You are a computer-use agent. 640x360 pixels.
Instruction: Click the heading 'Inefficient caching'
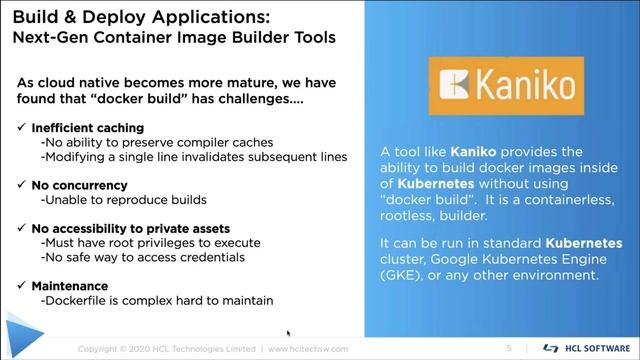pos(87,128)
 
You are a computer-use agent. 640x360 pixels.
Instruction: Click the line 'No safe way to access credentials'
pos(141,258)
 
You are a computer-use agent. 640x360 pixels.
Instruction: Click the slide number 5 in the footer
pos(509,348)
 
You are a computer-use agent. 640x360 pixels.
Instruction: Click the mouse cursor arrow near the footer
pos(289,334)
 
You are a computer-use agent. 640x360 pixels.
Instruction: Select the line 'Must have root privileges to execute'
pos(150,243)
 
